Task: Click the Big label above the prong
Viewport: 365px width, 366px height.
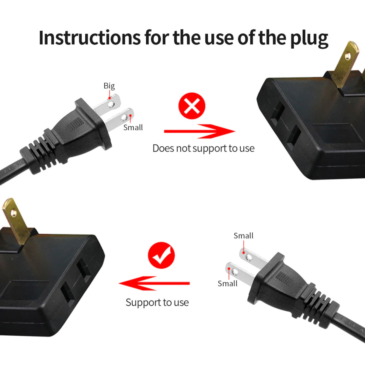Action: click(109, 86)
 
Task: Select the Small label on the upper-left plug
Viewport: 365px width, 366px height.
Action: click(133, 128)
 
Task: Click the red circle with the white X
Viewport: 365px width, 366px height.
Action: click(192, 106)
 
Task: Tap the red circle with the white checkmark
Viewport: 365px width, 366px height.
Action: click(161, 255)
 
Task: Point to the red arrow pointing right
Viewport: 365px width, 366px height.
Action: click(199, 131)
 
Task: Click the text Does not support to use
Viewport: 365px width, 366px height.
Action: click(203, 148)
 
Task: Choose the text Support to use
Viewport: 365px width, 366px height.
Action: click(157, 303)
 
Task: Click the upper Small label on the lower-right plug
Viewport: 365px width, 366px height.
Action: click(243, 236)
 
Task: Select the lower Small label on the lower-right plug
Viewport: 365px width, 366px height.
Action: click(228, 284)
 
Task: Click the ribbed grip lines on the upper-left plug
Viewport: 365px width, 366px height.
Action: click(75, 125)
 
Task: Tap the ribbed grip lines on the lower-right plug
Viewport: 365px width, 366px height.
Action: click(284, 278)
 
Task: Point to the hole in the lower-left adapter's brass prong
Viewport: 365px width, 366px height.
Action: click(13, 214)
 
